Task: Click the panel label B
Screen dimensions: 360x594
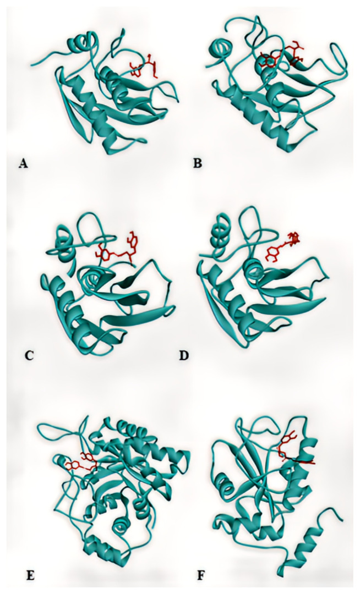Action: pyautogui.click(x=198, y=164)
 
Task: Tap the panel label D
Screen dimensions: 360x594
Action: pyautogui.click(x=184, y=356)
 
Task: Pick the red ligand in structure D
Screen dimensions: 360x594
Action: pyautogui.click(x=283, y=246)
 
